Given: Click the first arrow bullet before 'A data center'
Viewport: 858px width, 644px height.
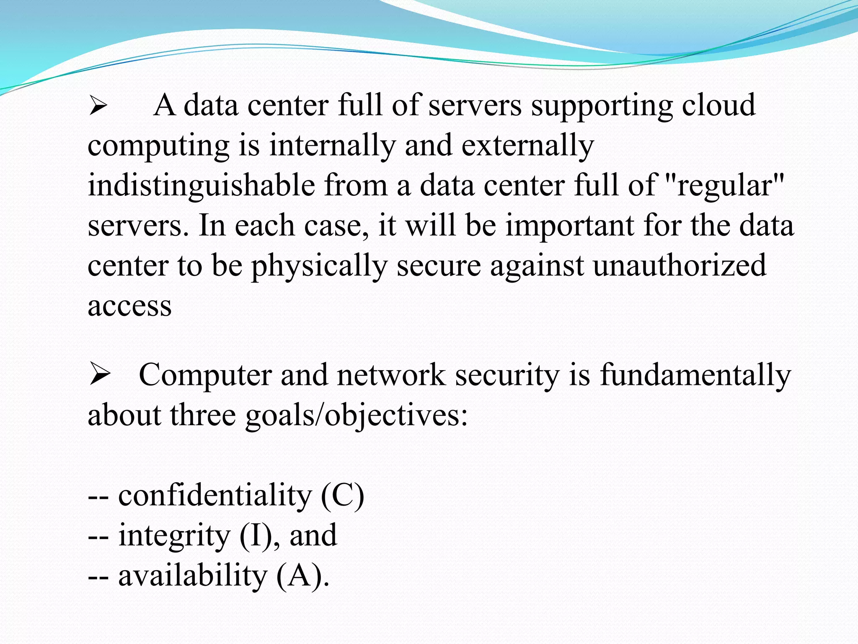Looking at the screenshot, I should (98, 106).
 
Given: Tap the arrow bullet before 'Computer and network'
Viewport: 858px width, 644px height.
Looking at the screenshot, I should (99, 375).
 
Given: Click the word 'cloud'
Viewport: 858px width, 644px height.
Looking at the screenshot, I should (718, 105).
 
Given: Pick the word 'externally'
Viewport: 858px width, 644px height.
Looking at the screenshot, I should (528, 145).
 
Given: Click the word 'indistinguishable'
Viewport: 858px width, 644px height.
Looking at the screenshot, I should (201, 186).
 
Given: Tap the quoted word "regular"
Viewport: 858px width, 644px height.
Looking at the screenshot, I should (724, 186).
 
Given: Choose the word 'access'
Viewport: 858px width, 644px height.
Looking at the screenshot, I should (129, 306).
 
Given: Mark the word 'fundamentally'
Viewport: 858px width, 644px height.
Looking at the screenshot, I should (695, 375).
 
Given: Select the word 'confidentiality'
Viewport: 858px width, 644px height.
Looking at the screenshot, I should (215, 496).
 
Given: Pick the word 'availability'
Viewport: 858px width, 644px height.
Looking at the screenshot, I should (193, 576).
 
